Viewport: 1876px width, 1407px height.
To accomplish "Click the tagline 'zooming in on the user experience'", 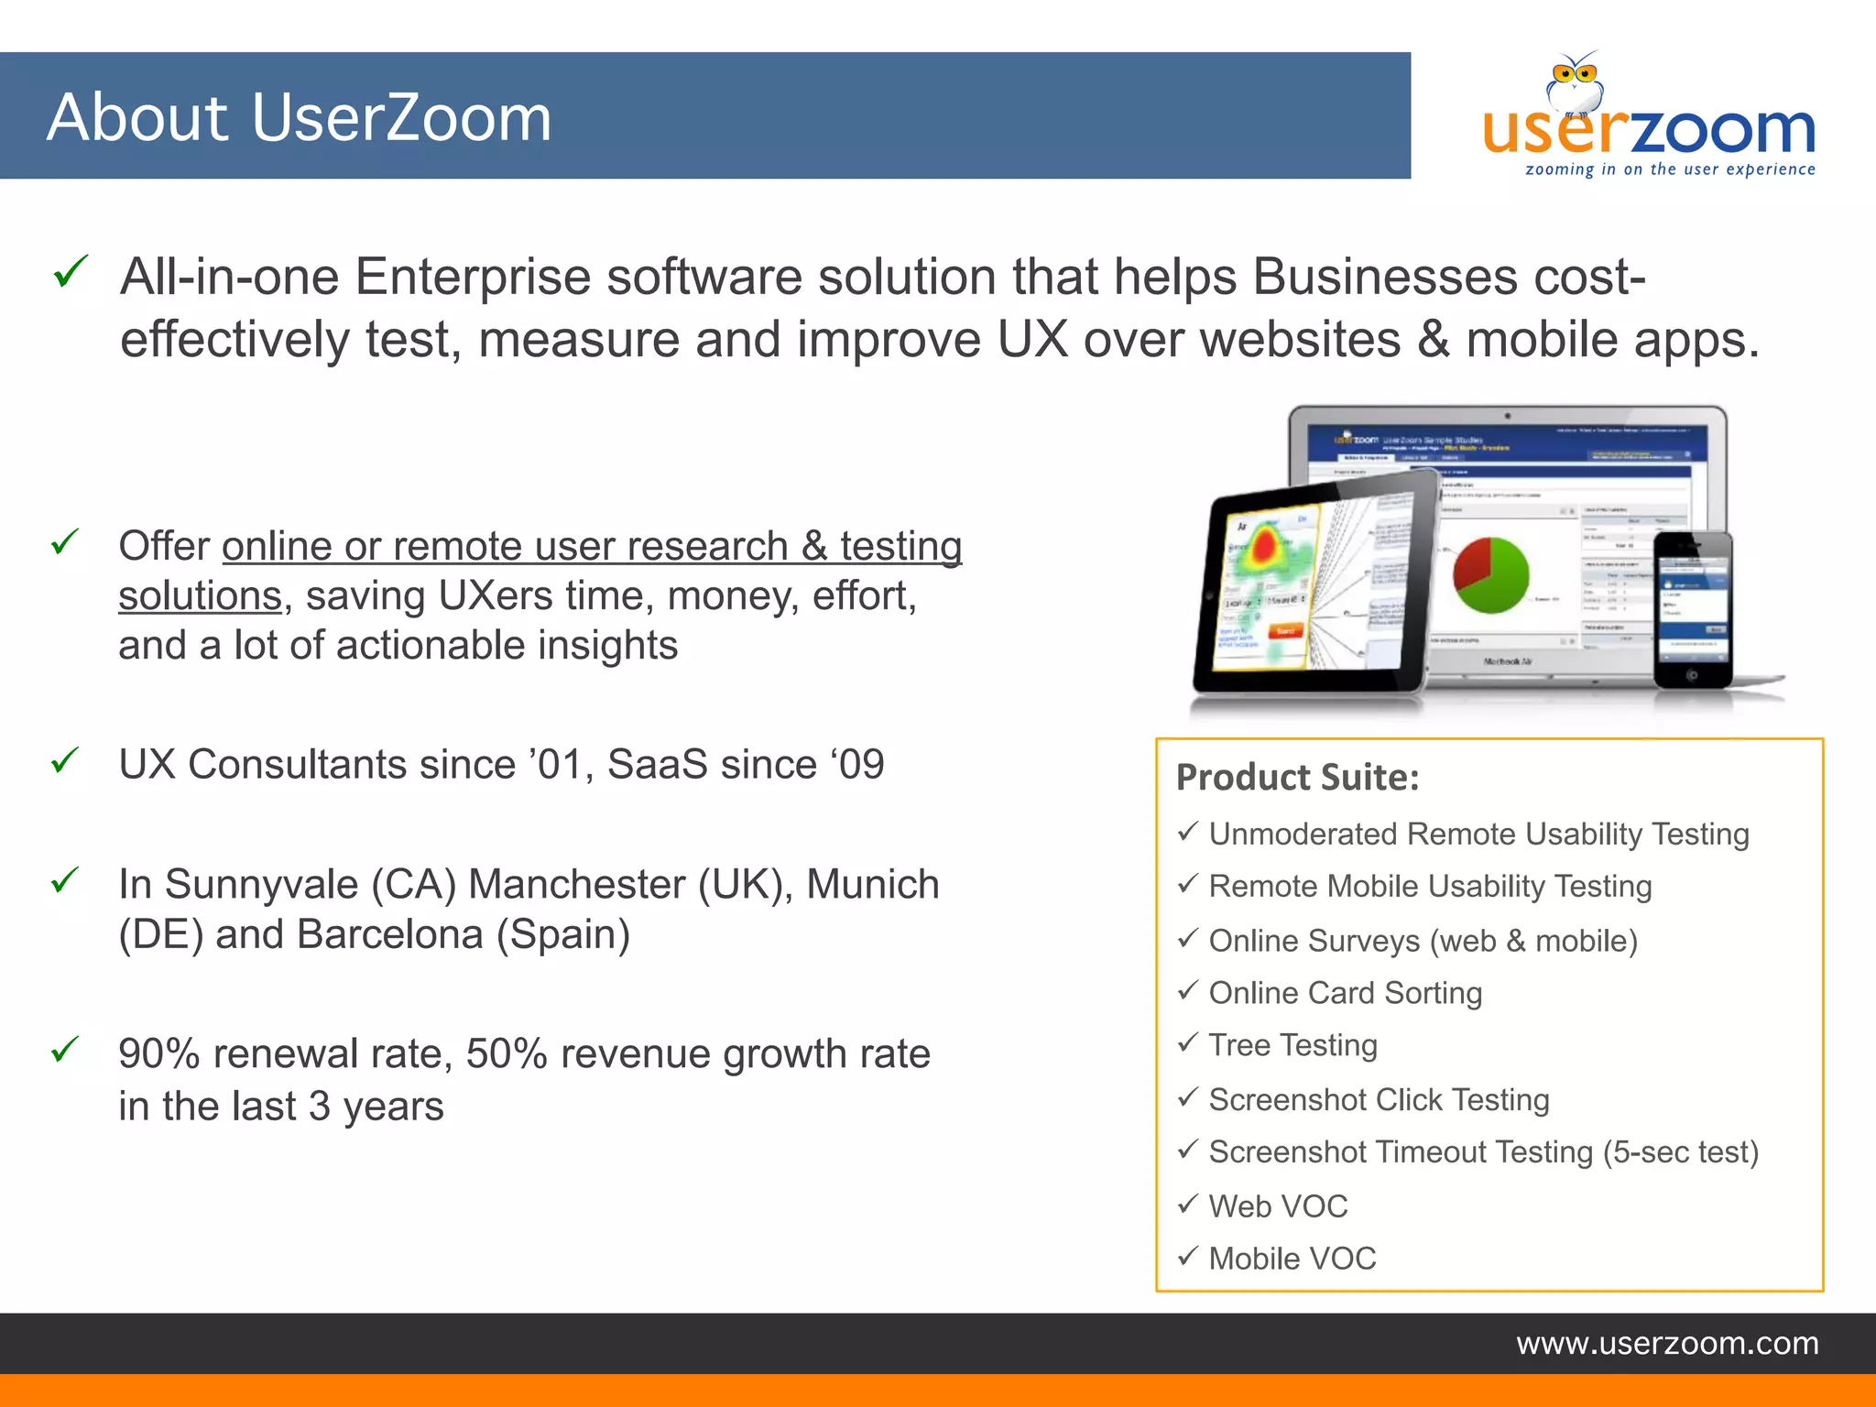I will click(1669, 169).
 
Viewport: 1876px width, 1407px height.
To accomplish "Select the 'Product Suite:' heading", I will click(1297, 778).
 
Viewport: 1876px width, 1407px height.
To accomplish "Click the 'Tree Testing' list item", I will click(1292, 1045).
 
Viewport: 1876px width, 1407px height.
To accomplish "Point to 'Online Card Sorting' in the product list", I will click(1345, 993).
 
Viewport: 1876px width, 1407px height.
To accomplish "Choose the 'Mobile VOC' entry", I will click(1292, 1259).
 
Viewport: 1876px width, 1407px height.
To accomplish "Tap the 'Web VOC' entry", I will click(1278, 1206).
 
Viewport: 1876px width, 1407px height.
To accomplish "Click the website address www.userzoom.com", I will click(1667, 1343).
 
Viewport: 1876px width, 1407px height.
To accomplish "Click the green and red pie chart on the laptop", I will click(1490, 575).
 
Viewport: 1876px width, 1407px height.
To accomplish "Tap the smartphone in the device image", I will click(1693, 609).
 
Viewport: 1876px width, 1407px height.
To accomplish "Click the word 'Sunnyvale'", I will click(261, 885).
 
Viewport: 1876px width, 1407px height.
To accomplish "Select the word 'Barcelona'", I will click(389, 935).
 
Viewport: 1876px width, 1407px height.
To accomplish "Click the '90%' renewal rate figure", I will click(158, 1054).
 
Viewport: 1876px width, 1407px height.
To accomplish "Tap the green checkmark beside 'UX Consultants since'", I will click(65, 761).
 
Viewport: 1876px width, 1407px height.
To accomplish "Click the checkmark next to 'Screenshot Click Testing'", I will click(1187, 1096).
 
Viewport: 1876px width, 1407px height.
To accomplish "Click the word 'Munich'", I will click(872, 885).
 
